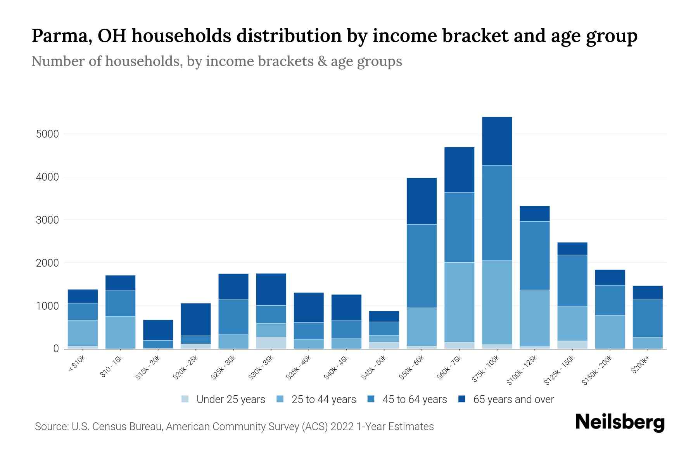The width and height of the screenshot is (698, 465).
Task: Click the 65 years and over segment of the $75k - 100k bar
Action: pos(497,141)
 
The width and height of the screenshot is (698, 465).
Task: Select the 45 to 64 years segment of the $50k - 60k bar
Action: pos(422,266)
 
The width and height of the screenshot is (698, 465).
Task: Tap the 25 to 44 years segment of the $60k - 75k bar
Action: pos(459,302)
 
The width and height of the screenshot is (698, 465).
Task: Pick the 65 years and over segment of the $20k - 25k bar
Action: pos(195,319)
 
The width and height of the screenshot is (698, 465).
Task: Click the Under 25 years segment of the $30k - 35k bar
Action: pos(271,343)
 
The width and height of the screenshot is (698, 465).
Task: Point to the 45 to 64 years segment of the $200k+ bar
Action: pos(647,318)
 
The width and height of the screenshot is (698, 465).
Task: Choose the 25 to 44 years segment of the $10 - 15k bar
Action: pos(120,332)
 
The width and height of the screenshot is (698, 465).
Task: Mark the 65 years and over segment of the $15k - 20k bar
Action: pos(158,330)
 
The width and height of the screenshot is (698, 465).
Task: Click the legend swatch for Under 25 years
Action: pos(185,399)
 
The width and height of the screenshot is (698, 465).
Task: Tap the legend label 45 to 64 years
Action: pos(414,399)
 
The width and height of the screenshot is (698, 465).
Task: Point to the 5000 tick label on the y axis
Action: pos(47,134)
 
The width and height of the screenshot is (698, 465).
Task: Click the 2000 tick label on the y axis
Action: pos(47,263)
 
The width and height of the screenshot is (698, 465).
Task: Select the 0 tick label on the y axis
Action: pos(56,349)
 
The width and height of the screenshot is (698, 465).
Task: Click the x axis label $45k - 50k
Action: pos(374,367)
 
